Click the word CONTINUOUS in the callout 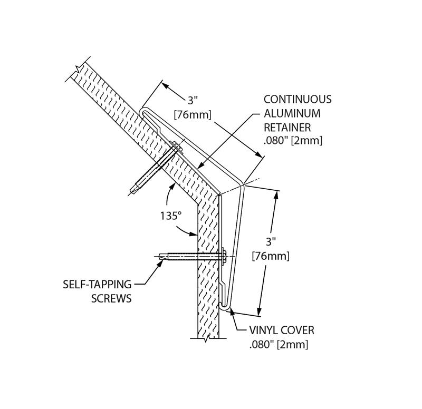[x=298, y=99]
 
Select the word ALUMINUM [x=292, y=113]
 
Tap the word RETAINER [x=287, y=127]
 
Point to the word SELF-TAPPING [x=97, y=284]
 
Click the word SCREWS [x=111, y=298]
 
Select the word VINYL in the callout [x=262, y=330]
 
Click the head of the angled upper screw [x=176, y=147]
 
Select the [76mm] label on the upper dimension [x=193, y=115]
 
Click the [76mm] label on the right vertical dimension [x=271, y=256]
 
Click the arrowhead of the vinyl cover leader [x=229, y=312]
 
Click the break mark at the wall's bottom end [x=206, y=338]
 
